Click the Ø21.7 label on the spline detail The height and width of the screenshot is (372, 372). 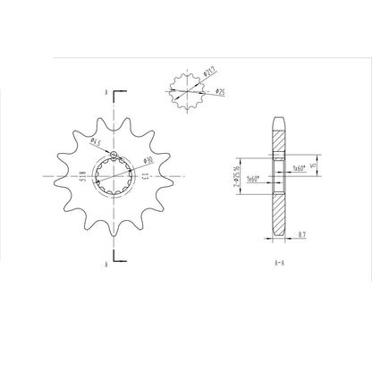pyautogui.click(x=208, y=73)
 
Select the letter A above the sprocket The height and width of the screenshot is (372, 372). pyautogui.click(x=105, y=92)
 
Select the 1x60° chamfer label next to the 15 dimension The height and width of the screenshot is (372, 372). pyautogui.click(x=299, y=166)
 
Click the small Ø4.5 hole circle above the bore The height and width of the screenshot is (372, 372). pyautogui.click(x=115, y=158)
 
